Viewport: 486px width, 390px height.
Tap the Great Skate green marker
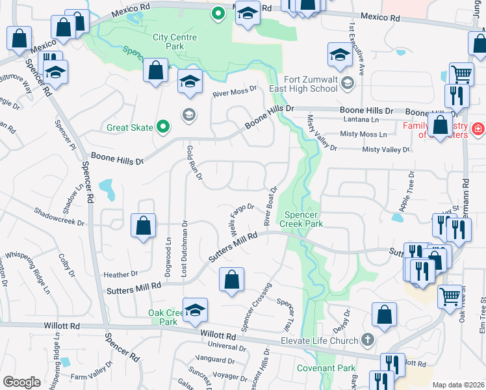tap(163, 127)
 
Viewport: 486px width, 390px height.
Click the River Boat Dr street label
tap(270, 205)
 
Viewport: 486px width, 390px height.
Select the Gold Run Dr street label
tap(193, 162)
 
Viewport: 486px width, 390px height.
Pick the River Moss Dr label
tap(235, 92)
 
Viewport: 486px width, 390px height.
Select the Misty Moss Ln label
tap(363, 135)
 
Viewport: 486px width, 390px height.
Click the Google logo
tap(21, 382)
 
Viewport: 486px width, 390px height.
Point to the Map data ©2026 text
tap(457, 385)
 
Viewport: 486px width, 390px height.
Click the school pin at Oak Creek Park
tap(194, 311)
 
